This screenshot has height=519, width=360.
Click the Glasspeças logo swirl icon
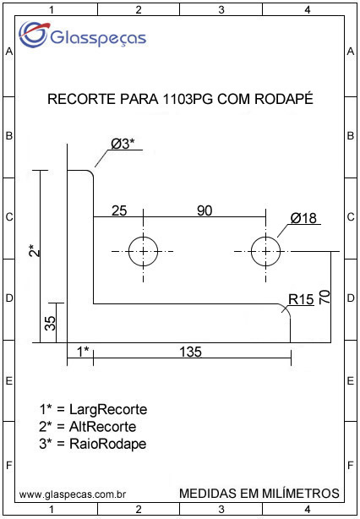(x=33, y=34)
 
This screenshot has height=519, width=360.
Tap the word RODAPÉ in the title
(x=284, y=99)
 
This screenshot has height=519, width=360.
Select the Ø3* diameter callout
(x=123, y=144)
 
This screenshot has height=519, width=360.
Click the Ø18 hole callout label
(x=303, y=218)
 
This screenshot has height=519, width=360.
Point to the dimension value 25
(x=119, y=210)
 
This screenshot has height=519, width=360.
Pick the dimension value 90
(x=205, y=210)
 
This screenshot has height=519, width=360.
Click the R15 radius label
(x=301, y=300)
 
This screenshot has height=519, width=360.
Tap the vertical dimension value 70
(x=325, y=297)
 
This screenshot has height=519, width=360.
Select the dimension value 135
(x=191, y=352)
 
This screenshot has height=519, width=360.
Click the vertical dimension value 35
(x=51, y=323)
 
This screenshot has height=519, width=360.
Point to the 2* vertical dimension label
(x=35, y=250)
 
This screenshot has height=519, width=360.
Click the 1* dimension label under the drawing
(x=83, y=351)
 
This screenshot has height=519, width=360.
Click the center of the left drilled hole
(x=143, y=252)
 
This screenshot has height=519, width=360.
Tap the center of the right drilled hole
(x=265, y=252)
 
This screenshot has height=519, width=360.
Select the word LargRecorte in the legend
(x=108, y=411)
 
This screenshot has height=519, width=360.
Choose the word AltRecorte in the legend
(x=102, y=427)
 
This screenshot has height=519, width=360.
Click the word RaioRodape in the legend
(x=108, y=445)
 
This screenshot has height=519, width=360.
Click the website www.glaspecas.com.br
(x=72, y=494)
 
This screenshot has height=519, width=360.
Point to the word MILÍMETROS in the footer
(x=301, y=493)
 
